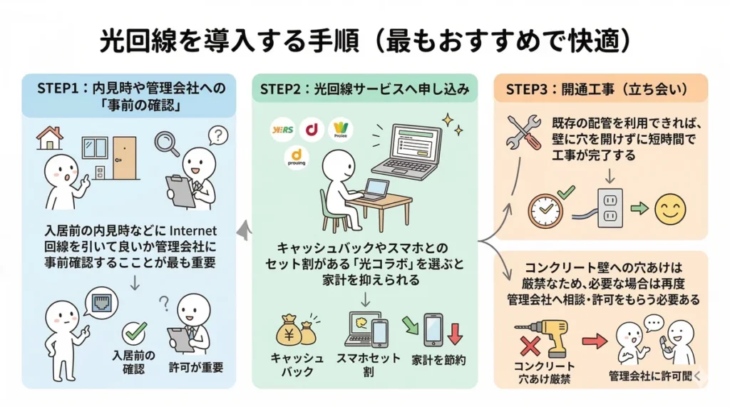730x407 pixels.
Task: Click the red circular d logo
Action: coord(311,130)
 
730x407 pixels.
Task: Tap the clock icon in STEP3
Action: coord(546,210)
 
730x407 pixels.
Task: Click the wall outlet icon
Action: coord(610,207)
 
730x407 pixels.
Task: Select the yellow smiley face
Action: coord(669,208)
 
